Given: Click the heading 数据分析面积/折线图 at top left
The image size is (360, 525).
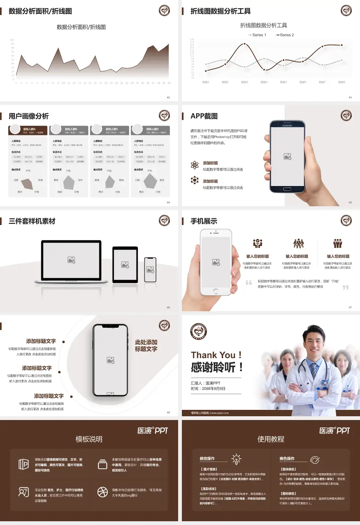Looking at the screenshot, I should pos(40,11).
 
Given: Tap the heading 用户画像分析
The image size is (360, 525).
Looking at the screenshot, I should pos(29,116).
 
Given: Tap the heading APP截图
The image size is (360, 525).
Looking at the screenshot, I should pos(204,116).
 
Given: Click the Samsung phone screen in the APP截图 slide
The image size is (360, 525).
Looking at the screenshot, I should pos(288,157).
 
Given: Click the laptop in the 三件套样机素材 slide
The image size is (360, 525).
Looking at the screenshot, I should pos(71,261).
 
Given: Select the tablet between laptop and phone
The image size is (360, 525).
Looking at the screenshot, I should pos(125,265).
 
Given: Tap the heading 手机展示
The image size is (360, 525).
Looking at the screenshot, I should pos(204,221).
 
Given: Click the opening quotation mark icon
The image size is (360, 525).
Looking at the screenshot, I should pos(249,282).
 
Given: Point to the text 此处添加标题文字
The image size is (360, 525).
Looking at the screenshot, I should pos(146,345).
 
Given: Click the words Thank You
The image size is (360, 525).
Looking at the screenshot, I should pos(213,355).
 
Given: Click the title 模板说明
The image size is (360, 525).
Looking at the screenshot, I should pos(89,439).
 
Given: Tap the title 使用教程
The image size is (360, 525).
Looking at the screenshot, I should pos(271,439).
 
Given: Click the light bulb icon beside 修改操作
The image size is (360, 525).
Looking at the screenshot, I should pos(236,459).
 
